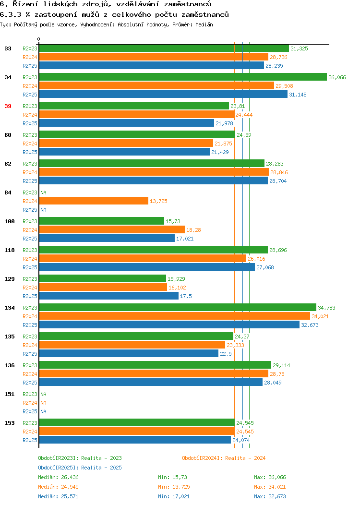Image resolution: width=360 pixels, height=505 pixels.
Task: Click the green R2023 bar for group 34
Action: point(183,77)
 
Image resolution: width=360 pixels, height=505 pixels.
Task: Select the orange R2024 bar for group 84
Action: point(94,201)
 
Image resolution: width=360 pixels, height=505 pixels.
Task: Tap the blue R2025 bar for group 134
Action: point(169,325)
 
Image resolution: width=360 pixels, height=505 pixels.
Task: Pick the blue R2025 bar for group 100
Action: point(107,238)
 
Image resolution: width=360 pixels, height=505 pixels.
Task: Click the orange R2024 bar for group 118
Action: point(143,259)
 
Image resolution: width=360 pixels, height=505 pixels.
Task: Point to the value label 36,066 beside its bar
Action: point(337,77)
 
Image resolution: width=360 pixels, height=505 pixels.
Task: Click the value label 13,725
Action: point(158,201)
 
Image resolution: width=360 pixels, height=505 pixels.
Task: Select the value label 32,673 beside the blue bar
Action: point(310,325)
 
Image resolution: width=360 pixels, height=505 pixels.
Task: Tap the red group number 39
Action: point(8,106)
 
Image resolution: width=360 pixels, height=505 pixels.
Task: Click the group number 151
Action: point(9,394)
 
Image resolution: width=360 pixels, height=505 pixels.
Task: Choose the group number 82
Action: point(8,164)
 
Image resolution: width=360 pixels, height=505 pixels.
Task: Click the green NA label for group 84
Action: point(44,192)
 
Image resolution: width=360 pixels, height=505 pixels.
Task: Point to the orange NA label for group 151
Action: point(44,403)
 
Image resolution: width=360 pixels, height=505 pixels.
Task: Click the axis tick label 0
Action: point(39,39)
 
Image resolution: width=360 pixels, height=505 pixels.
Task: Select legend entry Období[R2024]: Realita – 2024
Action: point(224,458)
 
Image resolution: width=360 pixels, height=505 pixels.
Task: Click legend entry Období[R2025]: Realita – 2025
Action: point(80,468)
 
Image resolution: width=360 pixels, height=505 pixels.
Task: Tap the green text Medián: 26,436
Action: point(58,477)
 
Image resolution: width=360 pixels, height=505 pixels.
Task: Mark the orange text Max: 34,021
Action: point(270,487)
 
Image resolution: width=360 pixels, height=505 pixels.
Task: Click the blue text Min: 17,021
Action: point(174,497)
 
